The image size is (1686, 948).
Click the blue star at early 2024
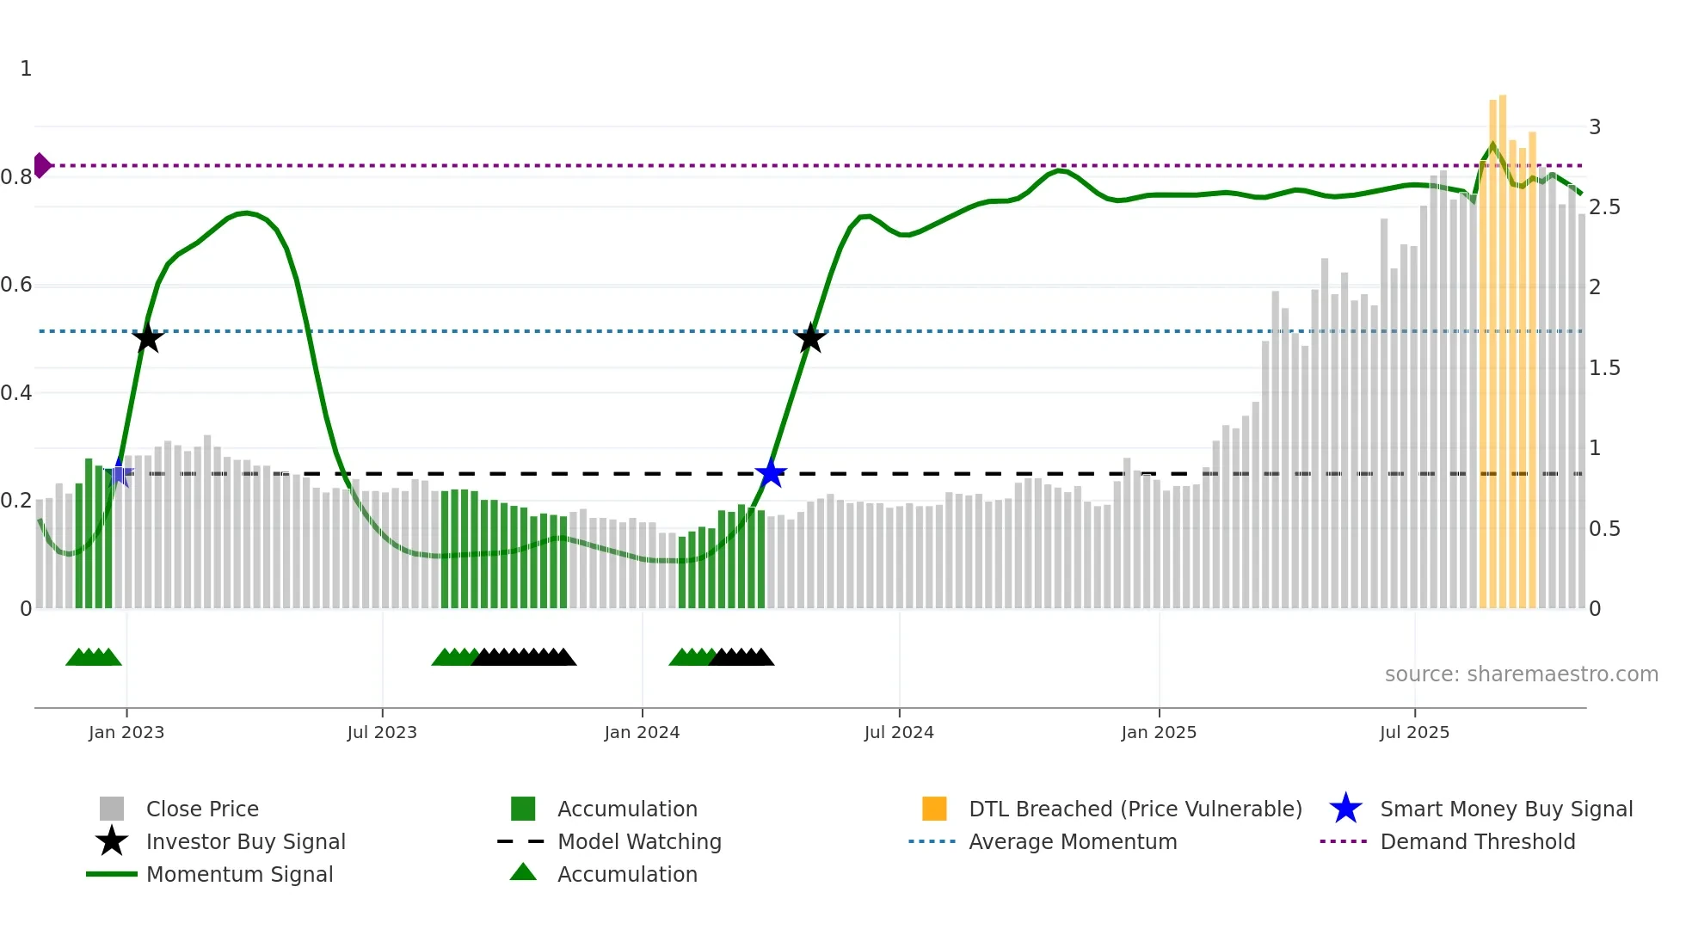click(771, 473)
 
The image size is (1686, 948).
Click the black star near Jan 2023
click(148, 338)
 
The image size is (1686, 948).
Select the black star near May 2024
click(809, 338)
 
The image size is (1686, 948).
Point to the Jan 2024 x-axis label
click(642, 732)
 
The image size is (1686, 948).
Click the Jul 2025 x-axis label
click(1414, 732)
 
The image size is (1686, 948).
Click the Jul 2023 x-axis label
click(382, 732)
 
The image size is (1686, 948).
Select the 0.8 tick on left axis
click(16, 177)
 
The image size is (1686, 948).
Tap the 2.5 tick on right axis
click(1604, 207)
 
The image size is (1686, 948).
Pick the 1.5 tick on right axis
click(1604, 368)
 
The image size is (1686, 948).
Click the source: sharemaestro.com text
click(1521, 674)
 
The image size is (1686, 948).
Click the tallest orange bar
click(1503, 344)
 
